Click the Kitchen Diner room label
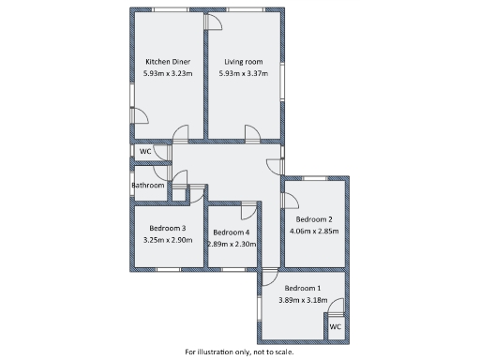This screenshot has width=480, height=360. [168, 62]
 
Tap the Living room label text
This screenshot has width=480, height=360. [243, 62]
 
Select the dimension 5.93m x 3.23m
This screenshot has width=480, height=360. [168, 73]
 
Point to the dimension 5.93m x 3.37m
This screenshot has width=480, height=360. [243, 73]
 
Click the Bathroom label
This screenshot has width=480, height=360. [147, 186]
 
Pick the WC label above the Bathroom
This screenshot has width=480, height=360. [145, 151]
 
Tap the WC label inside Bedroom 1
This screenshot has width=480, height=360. [335, 327]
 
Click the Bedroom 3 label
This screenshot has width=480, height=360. [168, 228]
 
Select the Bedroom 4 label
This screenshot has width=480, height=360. [231, 232]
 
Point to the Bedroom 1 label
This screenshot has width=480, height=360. [302, 288]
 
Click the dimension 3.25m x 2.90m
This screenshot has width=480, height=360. [168, 240]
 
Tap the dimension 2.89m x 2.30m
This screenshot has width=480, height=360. [231, 244]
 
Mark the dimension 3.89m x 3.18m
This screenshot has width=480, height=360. [302, 300]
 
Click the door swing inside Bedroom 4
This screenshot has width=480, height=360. [248, 209]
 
